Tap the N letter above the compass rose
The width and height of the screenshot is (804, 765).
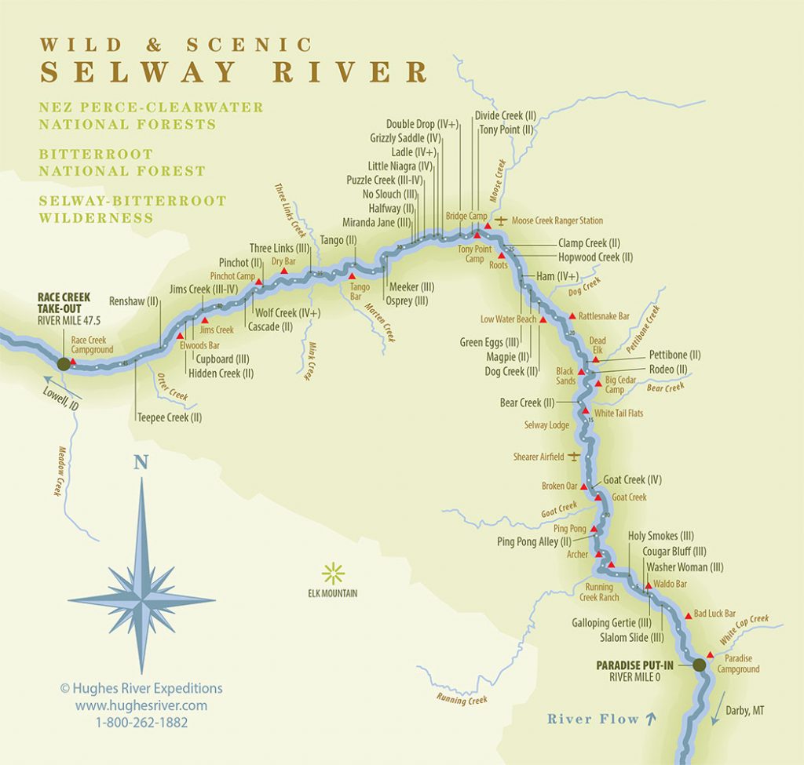coord(141,463)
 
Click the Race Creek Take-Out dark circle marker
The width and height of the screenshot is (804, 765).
coord(63,362)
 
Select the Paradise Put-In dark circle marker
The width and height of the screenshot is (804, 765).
coord(699,665)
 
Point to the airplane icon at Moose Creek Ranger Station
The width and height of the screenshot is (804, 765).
coord(502,220)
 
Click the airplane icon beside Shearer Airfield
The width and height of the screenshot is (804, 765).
coord(574,456)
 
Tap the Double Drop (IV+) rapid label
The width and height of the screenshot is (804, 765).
coord(422,124)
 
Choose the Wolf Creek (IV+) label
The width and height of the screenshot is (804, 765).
coord(288,313)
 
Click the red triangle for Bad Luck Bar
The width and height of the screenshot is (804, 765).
coord(689,616)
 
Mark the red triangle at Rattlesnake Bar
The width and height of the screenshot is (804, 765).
coord(572,315)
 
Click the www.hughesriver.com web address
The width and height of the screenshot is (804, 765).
coord(141,705)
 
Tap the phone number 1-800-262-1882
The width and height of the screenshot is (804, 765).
coord(141,722)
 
